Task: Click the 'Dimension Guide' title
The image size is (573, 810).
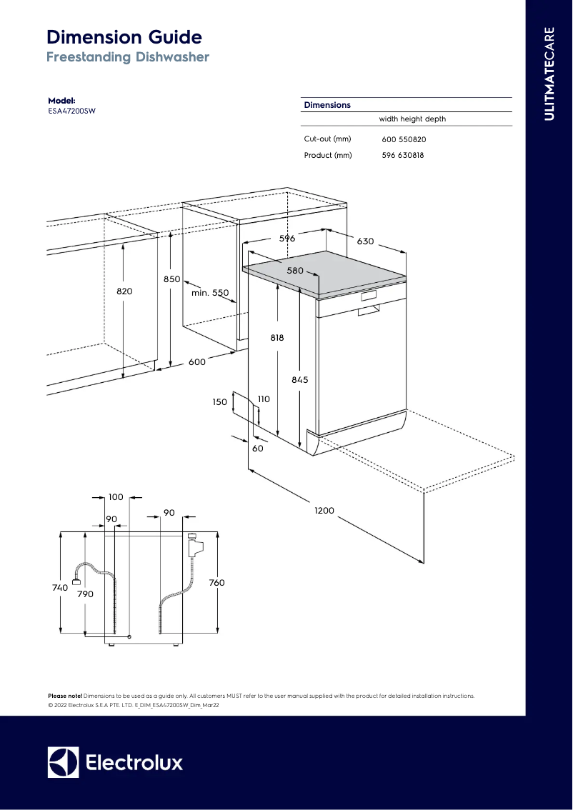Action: (x=124, y=37)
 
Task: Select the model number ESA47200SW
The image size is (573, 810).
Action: (x=71, y=111)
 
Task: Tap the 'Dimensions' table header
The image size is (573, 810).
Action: (x=327, y=105)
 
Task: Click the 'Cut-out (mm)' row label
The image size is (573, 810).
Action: (x=327, y=139)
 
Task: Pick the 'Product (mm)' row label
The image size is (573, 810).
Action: (x=328, y=155)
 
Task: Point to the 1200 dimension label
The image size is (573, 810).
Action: (x=324, y=511)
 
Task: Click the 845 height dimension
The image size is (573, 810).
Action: (x=300, y=380)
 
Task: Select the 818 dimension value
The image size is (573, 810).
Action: (x=277, y=339)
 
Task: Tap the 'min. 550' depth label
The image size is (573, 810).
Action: (x=210, y=293)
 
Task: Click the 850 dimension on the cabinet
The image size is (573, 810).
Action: (x=171, y=280)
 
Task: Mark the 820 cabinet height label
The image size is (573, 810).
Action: (x=124, y=291)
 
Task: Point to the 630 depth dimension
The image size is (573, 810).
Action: (x=366, y=241)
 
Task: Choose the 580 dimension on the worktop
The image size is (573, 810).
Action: (x=296, y=271)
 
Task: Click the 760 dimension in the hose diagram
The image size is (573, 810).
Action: (x=216, y=583)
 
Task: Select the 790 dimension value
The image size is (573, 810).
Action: (x=85, y=594)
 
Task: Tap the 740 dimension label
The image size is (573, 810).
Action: (x=60, y=587)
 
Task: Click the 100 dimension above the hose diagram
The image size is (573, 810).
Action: (x=116, y=496)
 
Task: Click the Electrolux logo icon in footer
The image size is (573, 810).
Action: (x=63, y=762)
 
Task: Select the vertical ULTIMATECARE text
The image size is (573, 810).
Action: (x=549, y=74)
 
